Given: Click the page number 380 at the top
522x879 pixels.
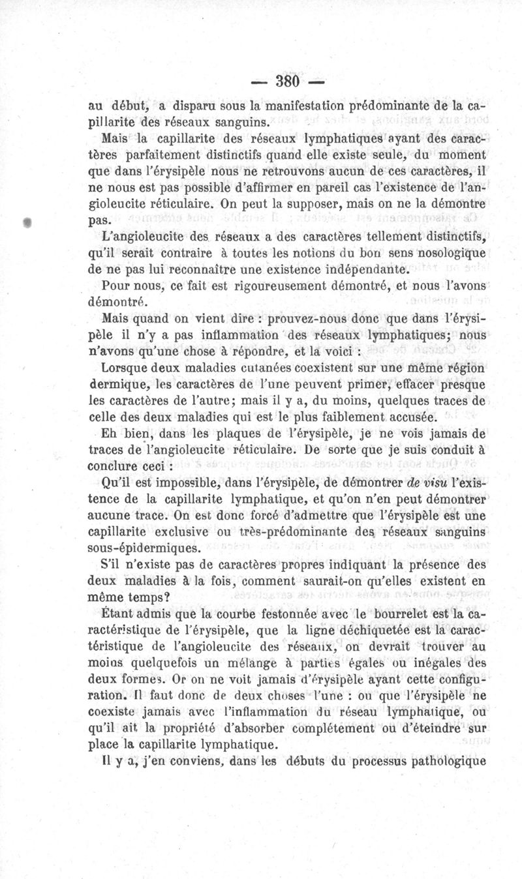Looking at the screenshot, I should point(287,82).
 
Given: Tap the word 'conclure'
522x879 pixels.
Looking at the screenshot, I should point(112,467).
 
